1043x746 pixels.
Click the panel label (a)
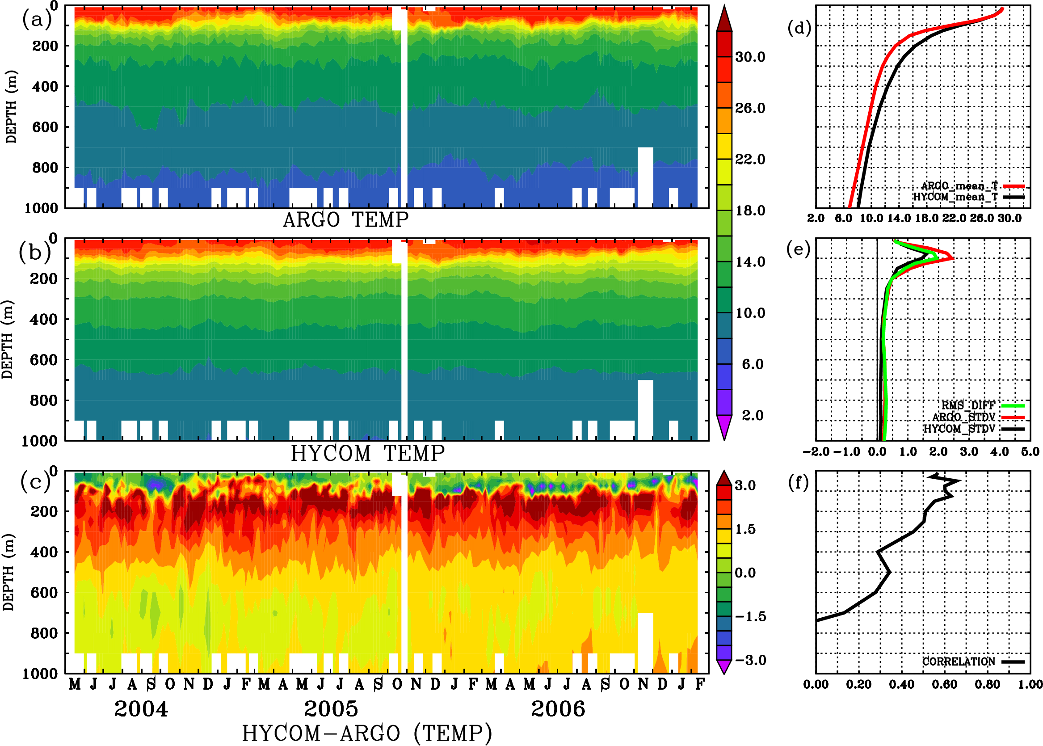click(36, 19)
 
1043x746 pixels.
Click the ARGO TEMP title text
click(345, 220)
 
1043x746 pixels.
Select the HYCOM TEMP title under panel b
click(368, 453)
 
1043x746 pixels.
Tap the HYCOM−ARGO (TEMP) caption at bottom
click(367, 733)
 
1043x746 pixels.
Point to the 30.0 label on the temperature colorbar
click(750, 57)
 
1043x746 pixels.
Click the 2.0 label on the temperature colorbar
click(753, 415)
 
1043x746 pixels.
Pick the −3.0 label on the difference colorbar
click(750, 660)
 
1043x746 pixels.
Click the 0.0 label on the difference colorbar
click(745, 573)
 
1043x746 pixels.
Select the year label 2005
click(331, 709)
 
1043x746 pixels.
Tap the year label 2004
click(141, 709)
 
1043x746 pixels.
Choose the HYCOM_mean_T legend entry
click(956, 197)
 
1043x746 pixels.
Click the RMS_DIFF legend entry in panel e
click(968, 405)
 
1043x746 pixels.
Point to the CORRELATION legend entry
click(959, 662)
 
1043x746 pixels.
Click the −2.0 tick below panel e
click(816, 451)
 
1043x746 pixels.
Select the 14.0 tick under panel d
click(898, 218)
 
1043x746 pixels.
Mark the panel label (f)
click(799, 482)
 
